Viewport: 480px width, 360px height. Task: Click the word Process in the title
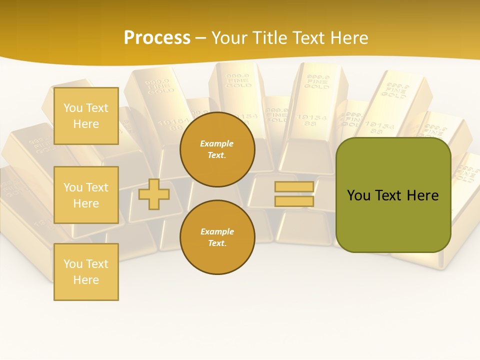pyautogui.click(x=157, y=38)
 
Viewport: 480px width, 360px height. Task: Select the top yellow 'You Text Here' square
pyautogui.click(x=86, y=116)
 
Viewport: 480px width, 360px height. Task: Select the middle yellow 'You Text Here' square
pyautogui.click(x=86, y=195)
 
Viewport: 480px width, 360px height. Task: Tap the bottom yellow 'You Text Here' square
pyautogui.click(x=86, y=272)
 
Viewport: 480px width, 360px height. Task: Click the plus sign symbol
pyautogui.click(x=154, y=193)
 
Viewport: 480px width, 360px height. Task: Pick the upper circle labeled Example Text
pyautogui.click(x=217, y=149)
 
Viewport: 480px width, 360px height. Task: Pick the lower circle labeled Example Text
pyautogui.click(x=217, y=237)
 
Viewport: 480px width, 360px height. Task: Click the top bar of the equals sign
pyautogui.click(x=294, y=187)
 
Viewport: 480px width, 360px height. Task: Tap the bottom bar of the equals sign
pyautogui.click(x=294, y=201)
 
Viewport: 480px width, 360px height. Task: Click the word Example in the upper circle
pyautogui.click(x=216, y=143)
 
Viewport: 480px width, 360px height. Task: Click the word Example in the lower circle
pyautogui.click(x=216, y=231)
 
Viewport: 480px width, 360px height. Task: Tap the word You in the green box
pyautogui.click(x=358, y=195)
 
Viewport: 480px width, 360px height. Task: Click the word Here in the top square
pyautogui.click(x=86, y=124)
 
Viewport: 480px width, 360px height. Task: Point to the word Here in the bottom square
pyautogui.click(x=86, y=280)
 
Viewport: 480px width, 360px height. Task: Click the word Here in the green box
pyautogui.click(x=422, y=195)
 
